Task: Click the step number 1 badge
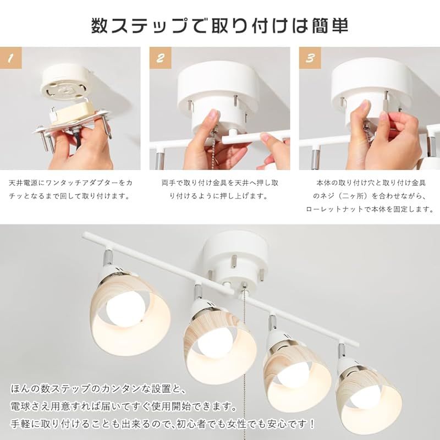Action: pos(10,57)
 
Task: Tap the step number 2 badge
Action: pos(160,57)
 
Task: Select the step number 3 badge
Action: pos(310,57)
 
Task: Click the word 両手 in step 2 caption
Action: pos(168,182)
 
